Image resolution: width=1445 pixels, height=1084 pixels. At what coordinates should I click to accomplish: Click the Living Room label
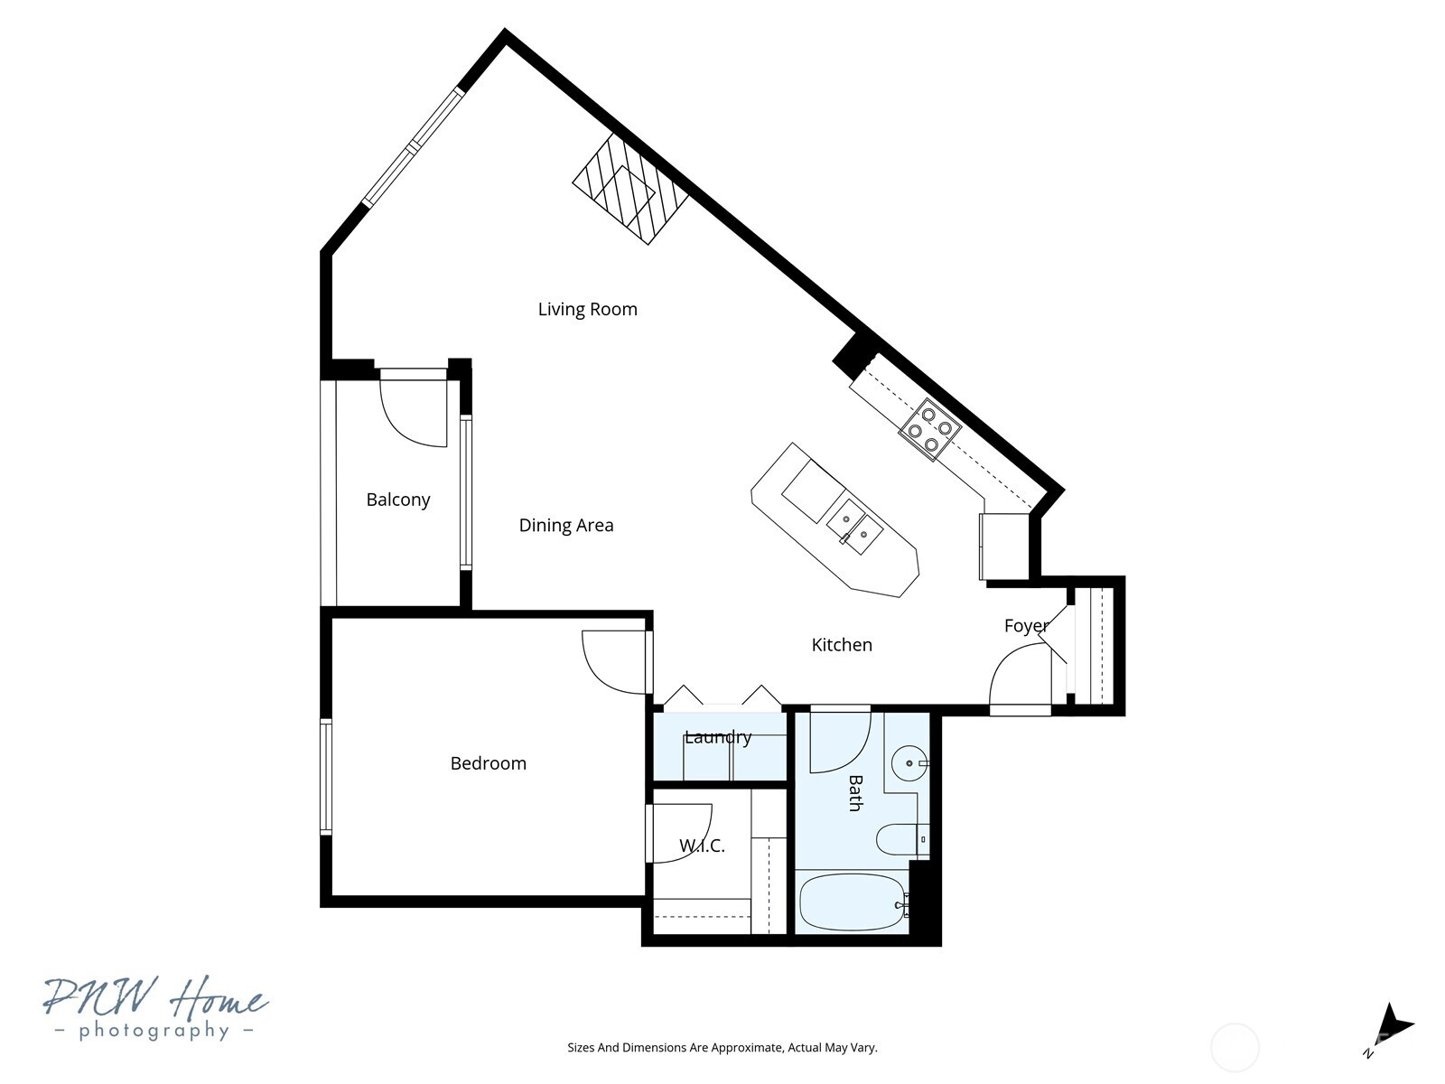point(587,310)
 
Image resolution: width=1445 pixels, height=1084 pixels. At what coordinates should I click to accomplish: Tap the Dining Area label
point(566,526)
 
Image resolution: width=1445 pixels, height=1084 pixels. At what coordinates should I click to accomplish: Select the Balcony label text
point(397,500)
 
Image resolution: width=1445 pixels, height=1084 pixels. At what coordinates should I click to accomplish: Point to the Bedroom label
point(488,763)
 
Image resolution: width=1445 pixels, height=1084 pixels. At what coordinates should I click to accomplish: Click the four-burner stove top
point(930,430)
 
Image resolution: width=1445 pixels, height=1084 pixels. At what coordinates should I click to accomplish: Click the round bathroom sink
point(908,763)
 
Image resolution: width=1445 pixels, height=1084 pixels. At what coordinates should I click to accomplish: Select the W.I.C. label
point(702,846)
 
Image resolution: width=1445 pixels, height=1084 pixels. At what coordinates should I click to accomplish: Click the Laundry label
point(718,737)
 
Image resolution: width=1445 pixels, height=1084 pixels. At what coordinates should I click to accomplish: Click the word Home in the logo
point(217,999)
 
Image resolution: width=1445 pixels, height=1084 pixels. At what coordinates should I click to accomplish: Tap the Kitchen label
point(842,645)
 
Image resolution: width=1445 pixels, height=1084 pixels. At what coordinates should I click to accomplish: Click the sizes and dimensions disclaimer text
point(722,1048)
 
